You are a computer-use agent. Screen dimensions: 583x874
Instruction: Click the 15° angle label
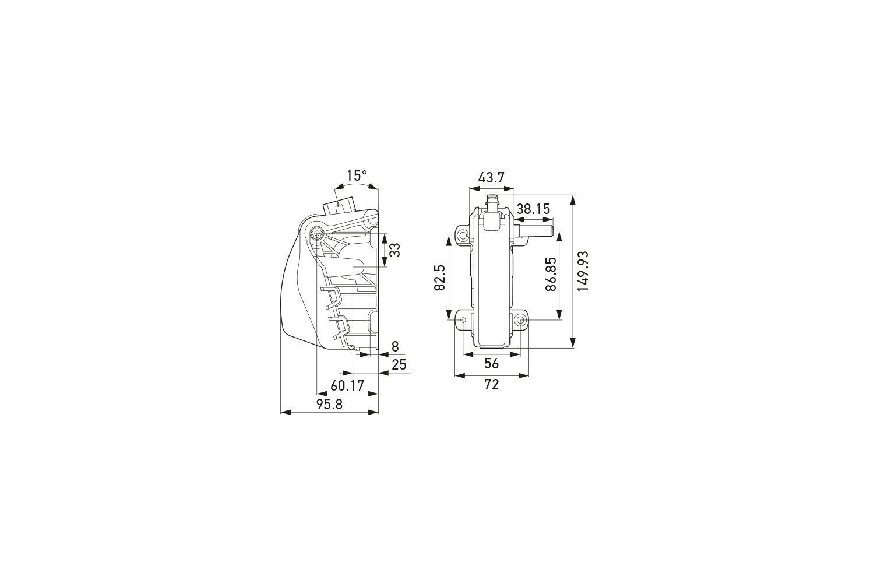click(x=357, y=175)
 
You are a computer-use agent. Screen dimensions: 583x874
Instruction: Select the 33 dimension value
click(x=394, y=250)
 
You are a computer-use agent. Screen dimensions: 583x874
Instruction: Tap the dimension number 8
click(x=395, y=346)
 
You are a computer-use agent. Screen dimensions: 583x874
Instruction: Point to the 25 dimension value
click(x=399, y=366)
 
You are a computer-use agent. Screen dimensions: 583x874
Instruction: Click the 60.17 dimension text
click(x=347, y=385)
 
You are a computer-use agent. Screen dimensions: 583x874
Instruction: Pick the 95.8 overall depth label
click(x=329, y=405)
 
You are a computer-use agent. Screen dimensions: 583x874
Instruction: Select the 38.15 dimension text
click(x=533, y=209)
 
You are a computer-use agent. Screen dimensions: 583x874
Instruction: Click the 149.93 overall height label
click(x=583, y=271)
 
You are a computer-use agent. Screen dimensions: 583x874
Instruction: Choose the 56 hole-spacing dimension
click(x=492, y=363)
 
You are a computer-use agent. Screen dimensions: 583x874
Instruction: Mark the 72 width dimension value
click(x=492, y=385)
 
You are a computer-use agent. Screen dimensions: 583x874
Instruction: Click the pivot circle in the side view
click(x=316, y=232)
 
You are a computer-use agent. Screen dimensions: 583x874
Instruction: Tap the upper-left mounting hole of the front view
click(x=462, y=236)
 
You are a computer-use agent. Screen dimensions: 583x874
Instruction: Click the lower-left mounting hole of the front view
click(x=463, y=320)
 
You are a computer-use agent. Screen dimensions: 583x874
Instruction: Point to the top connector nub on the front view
click(x=492, y=201)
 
